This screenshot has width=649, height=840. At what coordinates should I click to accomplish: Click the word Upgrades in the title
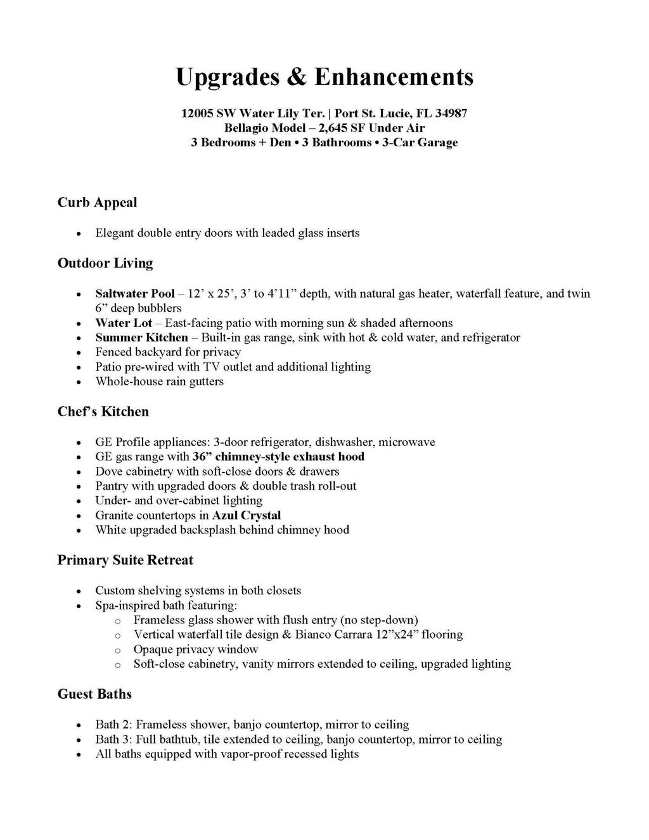[x=226, y=77]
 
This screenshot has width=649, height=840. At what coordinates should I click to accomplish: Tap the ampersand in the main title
[x=297, y=77]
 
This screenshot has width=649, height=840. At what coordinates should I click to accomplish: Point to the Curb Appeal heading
[x=97, y=203]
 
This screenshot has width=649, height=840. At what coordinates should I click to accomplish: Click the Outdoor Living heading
[x=105, y=263]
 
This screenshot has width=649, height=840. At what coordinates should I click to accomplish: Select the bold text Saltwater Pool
[x=134, y=293]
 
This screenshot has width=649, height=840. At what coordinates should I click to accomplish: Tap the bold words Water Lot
[x=124, y=323]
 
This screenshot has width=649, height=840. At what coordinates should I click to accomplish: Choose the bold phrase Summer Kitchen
[x=141, y=338]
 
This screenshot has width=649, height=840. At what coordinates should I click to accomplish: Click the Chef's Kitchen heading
[x=103, y=412]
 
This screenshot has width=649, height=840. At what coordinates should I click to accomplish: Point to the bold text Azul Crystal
[x=247, y=515]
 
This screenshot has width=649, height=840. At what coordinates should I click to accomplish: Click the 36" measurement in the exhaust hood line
[x=202, y=457]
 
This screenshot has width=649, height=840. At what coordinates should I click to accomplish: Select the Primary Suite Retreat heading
[x=125, y=560]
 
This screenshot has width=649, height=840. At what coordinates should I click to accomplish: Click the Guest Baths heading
[x=94, y=694]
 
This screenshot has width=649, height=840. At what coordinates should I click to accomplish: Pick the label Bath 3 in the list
[x=113, y=739]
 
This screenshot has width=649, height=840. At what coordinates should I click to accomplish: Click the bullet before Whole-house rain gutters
[x=78, y=383]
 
